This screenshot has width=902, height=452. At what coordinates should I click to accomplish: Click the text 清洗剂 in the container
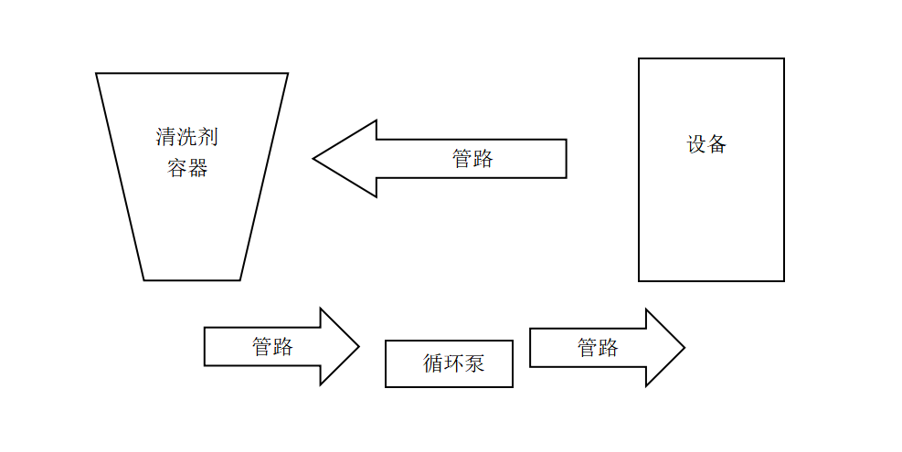[x=187, y=138]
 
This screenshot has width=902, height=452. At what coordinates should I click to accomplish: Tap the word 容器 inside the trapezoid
[x=187, y=168]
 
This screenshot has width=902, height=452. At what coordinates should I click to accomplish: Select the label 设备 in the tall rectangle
[x=706, y=144]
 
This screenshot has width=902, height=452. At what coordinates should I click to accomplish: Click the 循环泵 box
[x=449, y=363]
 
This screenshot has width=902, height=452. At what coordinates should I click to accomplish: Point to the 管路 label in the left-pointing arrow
[x=472, y=159]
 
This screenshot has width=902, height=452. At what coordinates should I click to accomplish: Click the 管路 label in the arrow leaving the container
[x=272, y=347]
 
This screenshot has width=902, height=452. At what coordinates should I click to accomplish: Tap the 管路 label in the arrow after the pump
[x=598, y=348]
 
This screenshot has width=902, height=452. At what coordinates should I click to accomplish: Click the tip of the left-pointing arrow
[x=314, y=159]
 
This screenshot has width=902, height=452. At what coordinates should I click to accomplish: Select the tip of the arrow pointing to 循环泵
[x=358, y=347]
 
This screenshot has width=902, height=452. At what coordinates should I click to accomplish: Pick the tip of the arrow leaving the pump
[x=684, y=348]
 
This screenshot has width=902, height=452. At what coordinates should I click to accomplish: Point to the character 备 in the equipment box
[x=716, y=144]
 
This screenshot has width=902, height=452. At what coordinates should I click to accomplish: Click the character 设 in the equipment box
[x=696, y=144]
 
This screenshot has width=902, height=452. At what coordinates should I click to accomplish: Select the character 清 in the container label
[x=166, y=138]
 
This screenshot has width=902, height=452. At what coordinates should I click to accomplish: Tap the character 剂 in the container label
[x=208, y=138]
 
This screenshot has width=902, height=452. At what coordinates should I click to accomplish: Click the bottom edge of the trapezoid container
[x=192, y=280]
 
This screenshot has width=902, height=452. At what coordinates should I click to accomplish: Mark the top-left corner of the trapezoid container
[x=97, y=74]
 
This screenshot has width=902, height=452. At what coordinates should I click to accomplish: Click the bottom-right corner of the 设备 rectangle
[x=783, y=280]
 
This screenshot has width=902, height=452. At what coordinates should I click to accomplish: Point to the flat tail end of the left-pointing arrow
[x=566, y=159]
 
